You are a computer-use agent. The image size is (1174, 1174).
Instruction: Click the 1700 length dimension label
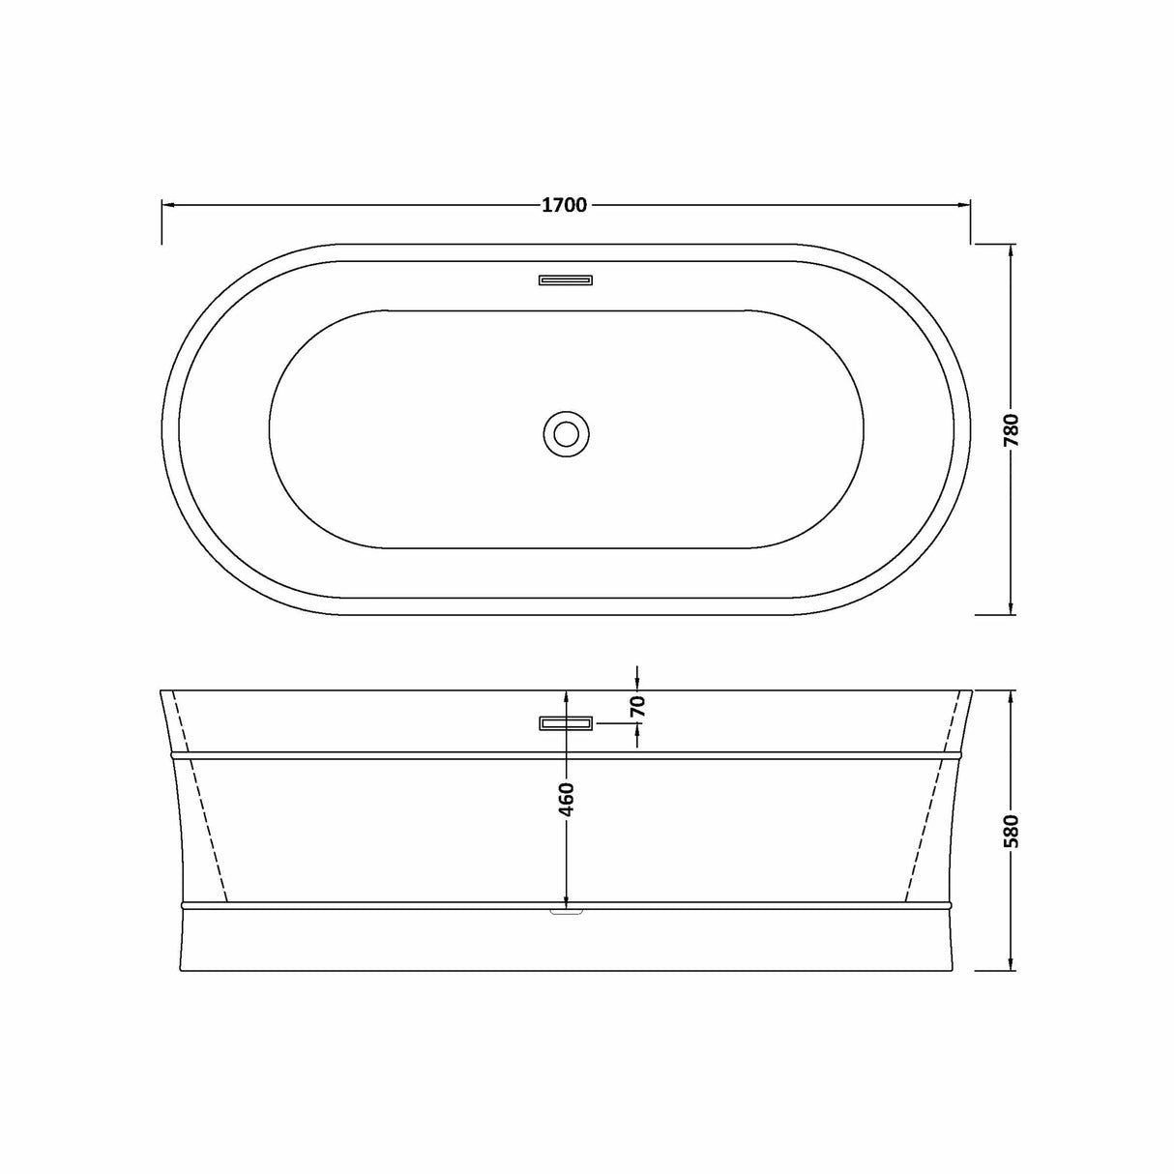[x=565, y=205]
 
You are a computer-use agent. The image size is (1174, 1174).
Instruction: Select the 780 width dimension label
[x=1012, y=429]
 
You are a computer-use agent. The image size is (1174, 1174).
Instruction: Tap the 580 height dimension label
[x=1012, y=832]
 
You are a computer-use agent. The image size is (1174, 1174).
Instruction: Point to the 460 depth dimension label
[x=567, y=799]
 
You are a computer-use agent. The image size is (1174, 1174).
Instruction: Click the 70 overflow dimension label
[x=636, y=707]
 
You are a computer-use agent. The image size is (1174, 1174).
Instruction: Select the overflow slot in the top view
[x=566, y=280]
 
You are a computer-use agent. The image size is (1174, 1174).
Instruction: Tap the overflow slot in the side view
[x=566, y=723]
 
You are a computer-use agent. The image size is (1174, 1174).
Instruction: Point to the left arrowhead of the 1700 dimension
[x=167, y=205]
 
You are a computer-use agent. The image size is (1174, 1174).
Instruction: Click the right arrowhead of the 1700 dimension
[x=964, y=205]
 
